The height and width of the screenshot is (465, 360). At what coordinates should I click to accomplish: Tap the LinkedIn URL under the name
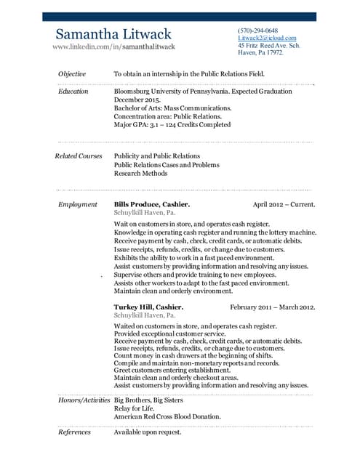click(x=113, y=46)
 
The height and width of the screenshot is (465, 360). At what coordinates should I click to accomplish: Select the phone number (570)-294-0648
click(x=257, y=31)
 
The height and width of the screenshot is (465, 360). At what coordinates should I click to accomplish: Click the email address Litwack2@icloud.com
click(x=267, y=38)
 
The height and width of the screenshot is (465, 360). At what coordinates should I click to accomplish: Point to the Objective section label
click(x=72, y=74)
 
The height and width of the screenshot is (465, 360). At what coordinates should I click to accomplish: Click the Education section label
click(x=73, y=92)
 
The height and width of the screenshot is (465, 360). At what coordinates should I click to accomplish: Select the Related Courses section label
click(x=78, y=156)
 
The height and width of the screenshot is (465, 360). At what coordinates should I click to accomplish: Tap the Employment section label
click(x=77, y=205)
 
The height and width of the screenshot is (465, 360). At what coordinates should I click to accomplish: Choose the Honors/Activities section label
click(x=83, y=400)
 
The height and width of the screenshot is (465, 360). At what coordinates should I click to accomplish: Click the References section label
click(x=74, y=432)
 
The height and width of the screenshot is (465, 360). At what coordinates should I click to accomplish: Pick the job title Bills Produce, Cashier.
click(x=152, y=205)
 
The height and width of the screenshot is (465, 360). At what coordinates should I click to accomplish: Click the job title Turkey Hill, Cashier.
click(x=148, y=307)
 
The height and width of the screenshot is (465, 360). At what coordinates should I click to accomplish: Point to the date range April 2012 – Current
click(x=283, y=205)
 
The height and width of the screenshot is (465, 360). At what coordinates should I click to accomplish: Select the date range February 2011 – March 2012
click(x=272, y=307)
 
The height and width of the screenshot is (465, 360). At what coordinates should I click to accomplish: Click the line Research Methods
click(x=140, y=174)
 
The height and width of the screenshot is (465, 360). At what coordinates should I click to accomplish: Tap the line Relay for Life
click(x=135, y=409)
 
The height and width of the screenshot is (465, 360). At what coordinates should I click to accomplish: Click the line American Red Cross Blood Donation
click(x=167, y=418)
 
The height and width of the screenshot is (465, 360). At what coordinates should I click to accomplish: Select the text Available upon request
click(x=148, y=432)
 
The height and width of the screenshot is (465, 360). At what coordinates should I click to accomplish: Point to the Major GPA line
click(x=172, y=125)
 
